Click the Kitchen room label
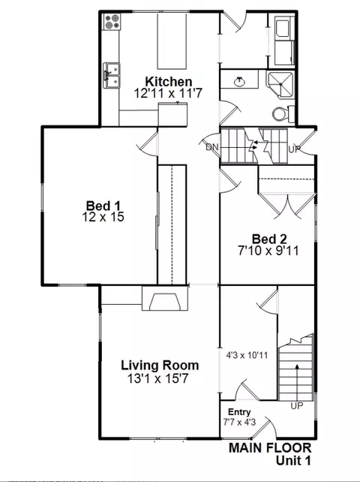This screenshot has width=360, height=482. tap(169, 82)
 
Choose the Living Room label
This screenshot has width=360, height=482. tap(160, 366)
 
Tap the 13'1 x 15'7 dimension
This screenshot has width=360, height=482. tap(160, 379)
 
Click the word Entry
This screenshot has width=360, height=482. tap(238, 412)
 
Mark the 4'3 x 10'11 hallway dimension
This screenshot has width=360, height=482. tap(247, 356)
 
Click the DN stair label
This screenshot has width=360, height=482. tap(213, 147)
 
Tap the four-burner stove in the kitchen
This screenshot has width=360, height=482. tap(112, 23)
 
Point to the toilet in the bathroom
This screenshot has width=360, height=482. tap(279, 113)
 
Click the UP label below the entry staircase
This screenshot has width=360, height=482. tap(297, 405)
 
